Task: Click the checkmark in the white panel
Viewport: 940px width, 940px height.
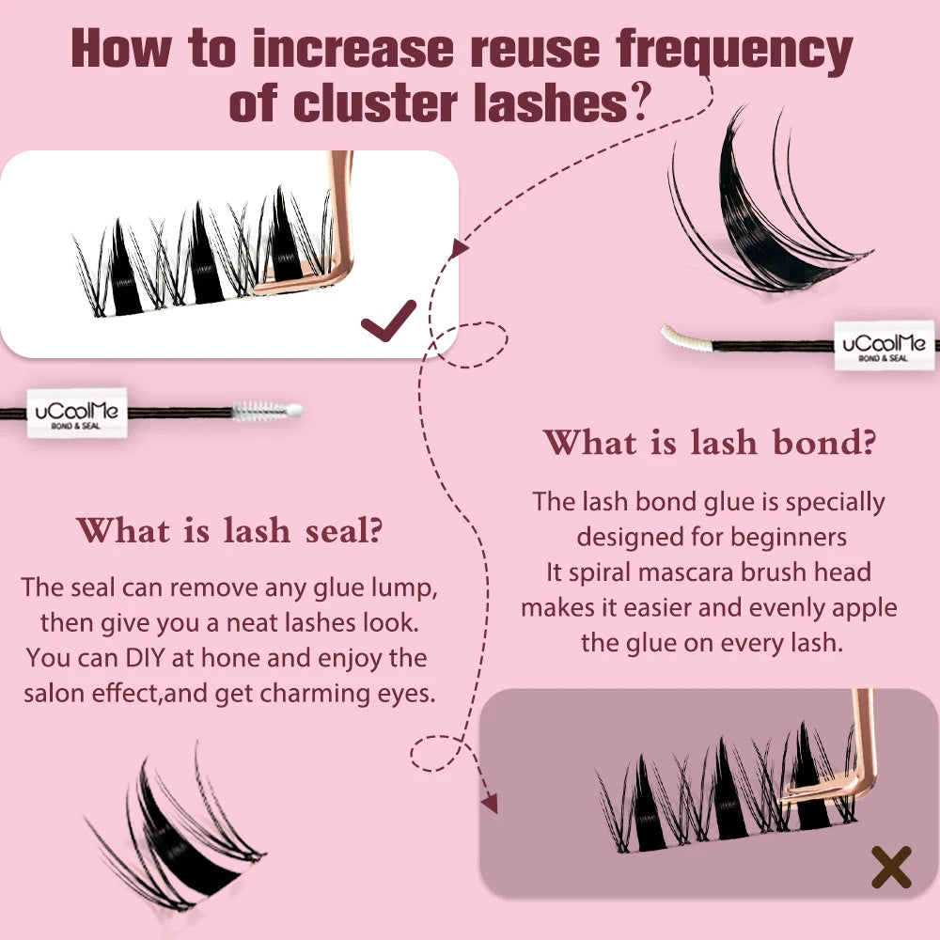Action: (x=388, y=321)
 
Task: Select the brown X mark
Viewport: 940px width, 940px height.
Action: (x=891, y=867)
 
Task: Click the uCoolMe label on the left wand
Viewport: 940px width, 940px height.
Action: (x=77, y=413)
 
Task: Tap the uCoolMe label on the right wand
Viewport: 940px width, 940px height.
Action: (x=885, y=345)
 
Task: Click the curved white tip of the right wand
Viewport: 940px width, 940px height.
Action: (x=686, y=337)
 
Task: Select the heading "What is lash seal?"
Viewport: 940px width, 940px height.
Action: (x=229, y=530)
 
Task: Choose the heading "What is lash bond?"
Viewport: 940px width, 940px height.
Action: (x=710, y=443)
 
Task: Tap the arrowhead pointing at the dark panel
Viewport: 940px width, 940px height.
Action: (x=490, y=804)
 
